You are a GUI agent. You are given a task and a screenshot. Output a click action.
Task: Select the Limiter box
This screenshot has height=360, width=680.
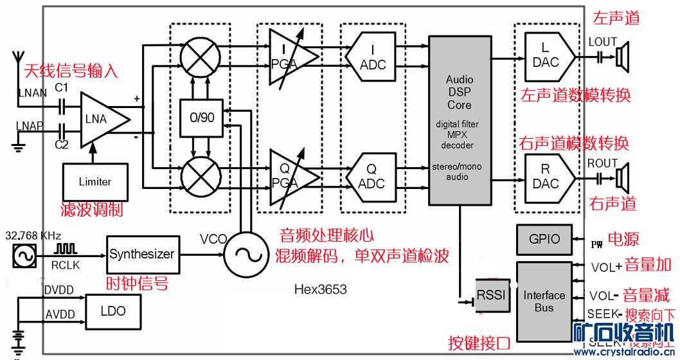(x=95, y=181)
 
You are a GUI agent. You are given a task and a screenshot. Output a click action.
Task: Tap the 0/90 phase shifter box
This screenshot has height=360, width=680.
(x=201, y=118)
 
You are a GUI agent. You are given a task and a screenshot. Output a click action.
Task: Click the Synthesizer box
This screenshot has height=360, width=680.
(x=141, y=254)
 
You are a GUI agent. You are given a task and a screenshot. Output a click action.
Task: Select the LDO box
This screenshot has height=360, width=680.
(x=113, y=311)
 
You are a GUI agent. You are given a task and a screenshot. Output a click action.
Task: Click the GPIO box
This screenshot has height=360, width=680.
(x=544, y=239)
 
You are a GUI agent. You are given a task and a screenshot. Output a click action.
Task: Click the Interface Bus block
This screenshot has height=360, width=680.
(x=544, y=301)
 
